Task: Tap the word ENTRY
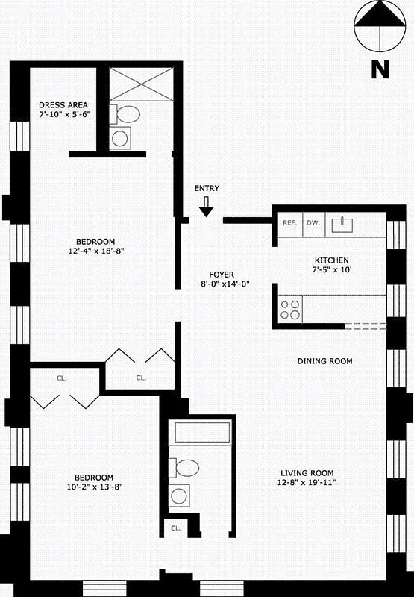tap(207, 189)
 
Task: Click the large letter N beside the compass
tap(380, 69)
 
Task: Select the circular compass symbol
tap(380, 26)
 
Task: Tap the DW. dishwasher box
tap(313, 223)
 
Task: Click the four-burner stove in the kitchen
tap(289, 310)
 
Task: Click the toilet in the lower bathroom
tap(184, 468)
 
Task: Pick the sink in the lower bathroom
tap(180, 496)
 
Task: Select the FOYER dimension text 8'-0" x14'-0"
tap(225, 284)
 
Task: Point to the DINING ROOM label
tap(324, 361)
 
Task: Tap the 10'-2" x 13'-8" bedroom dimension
tap(93, 487)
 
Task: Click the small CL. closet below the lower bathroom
tap(175, 528)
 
